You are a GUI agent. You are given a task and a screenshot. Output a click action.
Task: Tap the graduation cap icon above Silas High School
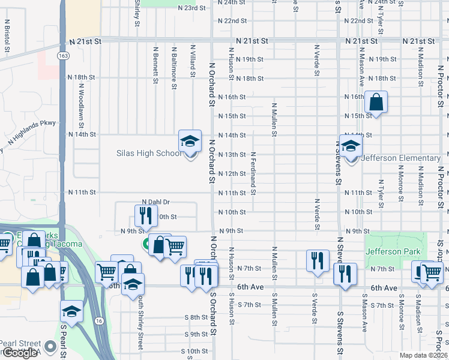point(190,142)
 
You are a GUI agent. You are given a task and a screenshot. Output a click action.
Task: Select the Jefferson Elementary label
point(401,158)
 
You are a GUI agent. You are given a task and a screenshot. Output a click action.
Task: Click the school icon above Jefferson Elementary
point(351,146)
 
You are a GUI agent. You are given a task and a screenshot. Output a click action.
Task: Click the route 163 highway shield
point(62,55)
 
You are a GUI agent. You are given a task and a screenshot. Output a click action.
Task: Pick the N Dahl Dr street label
point(156,202)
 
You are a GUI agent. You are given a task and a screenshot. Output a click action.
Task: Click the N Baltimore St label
point(173,68)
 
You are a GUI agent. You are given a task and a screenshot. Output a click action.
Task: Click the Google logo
point(19,353)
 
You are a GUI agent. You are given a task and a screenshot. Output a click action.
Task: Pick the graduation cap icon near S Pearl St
point(71,311)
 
